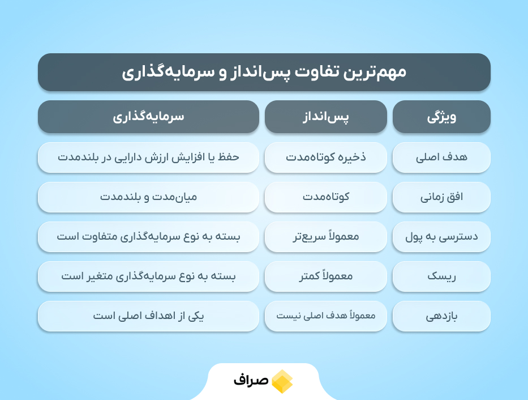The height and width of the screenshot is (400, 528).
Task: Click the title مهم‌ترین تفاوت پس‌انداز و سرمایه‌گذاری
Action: pyautogui.click(x=264, y=72)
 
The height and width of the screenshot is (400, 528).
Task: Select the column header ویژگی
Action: pyautogui.click(x=441, y=117)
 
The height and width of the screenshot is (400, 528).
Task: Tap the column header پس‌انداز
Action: pyautogui.click(x=325, y=117)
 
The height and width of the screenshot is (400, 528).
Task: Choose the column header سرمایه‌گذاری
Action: pyautogui.click(x=148, y=117)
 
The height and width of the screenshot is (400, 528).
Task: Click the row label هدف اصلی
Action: pyautogui.click(x=441, y=158)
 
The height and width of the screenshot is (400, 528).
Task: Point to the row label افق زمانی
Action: pyautogui.click(x=441, y=197)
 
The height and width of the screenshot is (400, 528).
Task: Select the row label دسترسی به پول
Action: pyautogui.click(x=441, y=237)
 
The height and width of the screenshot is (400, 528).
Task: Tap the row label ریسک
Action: pyautogui.click(x=441, y=276)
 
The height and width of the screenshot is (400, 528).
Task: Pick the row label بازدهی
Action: pyautogui.click(x=441, y=316)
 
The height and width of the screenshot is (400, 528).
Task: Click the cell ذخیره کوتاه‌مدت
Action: pyautogui.click(x=325, y=158)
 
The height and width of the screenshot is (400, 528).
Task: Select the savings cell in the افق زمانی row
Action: pyautogui.click(x=325, y=197)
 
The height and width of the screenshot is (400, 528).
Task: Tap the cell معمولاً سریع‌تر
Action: pyautogui.click(x=325, y=237)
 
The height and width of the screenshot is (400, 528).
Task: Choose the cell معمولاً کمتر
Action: pyautogui.click(x=325, y=276)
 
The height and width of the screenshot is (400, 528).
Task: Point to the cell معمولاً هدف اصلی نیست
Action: pyautogui.click(x=325, y=316)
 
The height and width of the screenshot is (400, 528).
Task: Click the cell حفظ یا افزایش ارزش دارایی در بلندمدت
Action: pyautogui.click(x=148, y=158)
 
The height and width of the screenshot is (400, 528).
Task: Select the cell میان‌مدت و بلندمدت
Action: pyautogui.click(x=148, y=197)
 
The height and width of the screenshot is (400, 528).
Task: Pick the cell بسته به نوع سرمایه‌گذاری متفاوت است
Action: pyautogui.click(x=148, y=237)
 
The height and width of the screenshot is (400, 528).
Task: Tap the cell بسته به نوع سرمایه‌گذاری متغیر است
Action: pyautogui.click(x=148, y=276)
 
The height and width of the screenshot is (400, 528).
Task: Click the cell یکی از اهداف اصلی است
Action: pyautogui.click(x=148, y=316)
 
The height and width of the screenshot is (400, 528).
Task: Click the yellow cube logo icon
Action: pyautogui.click(x=282, y=381)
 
